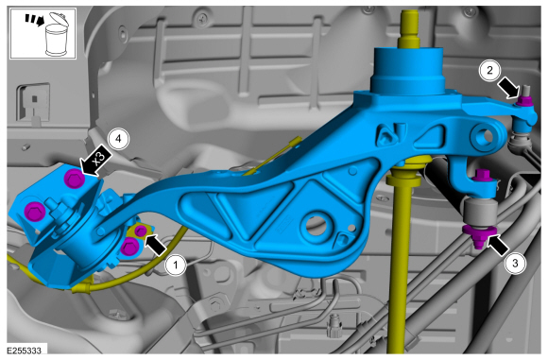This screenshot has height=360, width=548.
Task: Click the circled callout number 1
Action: [176, 266]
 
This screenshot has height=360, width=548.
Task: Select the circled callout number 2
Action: [489, 70]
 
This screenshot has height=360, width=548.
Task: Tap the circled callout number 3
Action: [515, 263]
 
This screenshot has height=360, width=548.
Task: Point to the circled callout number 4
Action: [118, 139]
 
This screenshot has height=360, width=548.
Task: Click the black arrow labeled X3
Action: [96, 160]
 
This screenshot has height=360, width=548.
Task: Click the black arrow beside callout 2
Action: [508, 89]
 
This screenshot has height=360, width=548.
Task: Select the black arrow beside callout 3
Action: [498, 245]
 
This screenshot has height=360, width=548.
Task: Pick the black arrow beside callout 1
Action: [155, 244]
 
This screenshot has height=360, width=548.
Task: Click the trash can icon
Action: [57, 34]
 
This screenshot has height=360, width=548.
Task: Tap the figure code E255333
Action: [25, 351]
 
